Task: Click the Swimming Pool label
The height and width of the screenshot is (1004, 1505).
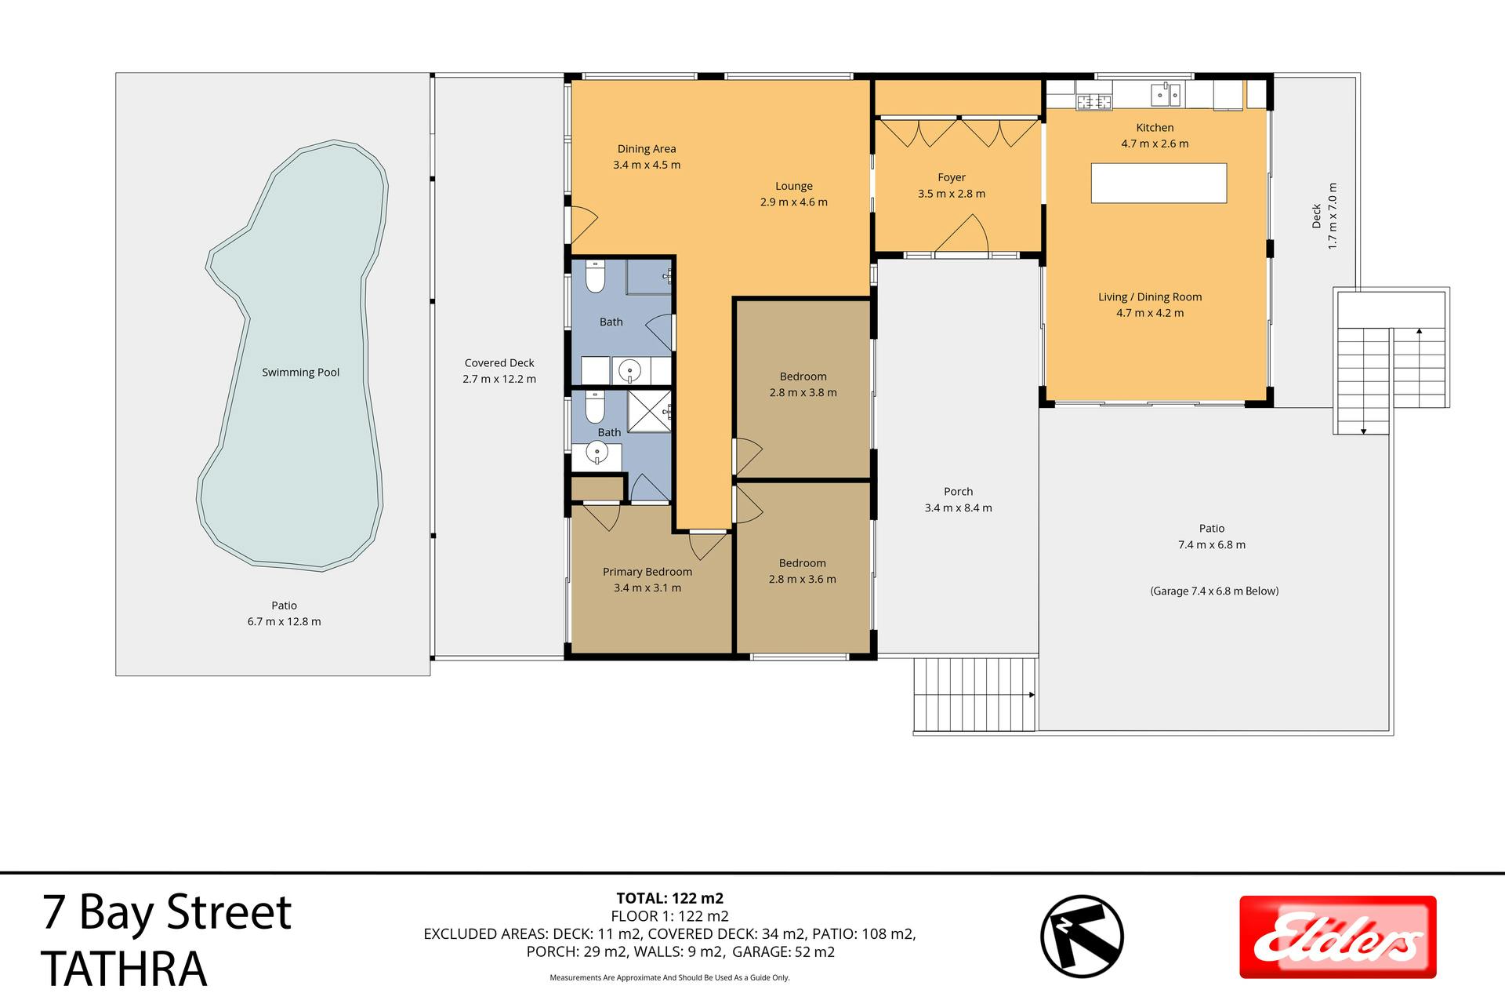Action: tap(300, 373)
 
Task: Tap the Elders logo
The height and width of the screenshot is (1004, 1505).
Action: tap(1337, 937)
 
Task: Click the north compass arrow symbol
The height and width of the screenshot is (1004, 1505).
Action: tap(1082, 936)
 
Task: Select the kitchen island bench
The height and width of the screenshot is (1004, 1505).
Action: tap(1159, 183)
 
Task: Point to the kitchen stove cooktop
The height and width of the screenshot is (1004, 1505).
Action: tap(1094, 101)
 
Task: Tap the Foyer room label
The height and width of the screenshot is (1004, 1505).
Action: tap(952, 177)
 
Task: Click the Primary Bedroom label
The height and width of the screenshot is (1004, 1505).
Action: tap(647, 572)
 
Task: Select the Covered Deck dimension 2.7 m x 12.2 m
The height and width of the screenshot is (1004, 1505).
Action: tap(499, 379)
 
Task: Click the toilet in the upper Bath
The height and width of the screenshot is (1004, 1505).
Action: tap(596, 277)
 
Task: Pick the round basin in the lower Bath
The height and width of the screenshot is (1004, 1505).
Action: tap(597, 453)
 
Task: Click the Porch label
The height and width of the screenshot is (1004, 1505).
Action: tap(958, 492)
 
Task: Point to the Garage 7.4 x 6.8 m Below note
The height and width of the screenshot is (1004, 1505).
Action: tap(1214, 591)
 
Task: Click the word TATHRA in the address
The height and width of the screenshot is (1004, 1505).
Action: tap(124, 968)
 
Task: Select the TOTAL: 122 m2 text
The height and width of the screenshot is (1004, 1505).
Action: tap(669, 899)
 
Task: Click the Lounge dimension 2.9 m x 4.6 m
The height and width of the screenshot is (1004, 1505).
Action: tap(794, 202)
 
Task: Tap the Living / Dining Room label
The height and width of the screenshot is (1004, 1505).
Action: tap(1150, 297)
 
